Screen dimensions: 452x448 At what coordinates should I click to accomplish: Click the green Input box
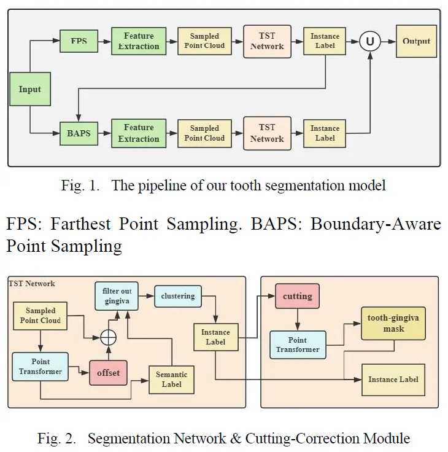(x=29, y=89)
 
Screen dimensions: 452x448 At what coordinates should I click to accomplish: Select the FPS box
(x=79, y=41)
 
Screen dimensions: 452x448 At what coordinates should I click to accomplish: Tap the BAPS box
(x=79, y=132)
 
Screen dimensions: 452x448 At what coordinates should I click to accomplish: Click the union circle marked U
(x=369, y=41)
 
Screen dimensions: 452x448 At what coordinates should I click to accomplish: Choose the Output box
(x=416, y=41)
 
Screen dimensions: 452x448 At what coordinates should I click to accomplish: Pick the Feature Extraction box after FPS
(x=139, y=41)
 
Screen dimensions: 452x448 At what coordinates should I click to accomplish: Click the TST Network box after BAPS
(x=267, y=132)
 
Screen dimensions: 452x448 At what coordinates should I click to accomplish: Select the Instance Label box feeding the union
(x=325, y=41)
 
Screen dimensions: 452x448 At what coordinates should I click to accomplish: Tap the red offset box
(x=107, y=373)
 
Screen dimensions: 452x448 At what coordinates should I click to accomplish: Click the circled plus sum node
(x=109, y=336)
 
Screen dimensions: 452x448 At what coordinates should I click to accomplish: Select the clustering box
(x=177, y=296)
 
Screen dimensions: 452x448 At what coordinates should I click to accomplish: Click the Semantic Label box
(x=172, y=380)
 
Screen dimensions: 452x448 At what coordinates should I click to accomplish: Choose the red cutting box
(x=297, y=296)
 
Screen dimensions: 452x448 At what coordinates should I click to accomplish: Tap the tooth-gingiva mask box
(x=394, y=323)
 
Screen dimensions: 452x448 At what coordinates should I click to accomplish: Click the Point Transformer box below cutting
(x=298, y=345)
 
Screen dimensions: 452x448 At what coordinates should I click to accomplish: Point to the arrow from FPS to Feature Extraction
(x=104, y=41)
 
